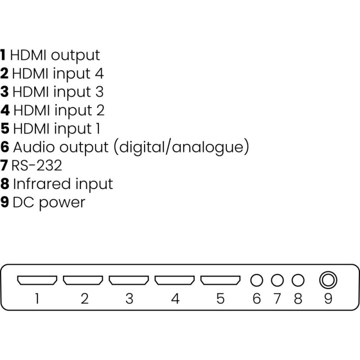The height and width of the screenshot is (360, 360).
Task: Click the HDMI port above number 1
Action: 37,280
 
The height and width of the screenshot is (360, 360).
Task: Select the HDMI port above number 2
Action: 83,280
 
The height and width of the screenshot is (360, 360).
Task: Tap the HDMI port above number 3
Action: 129,280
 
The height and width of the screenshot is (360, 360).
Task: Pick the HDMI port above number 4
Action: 175,280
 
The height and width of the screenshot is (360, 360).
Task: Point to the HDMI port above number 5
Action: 220,280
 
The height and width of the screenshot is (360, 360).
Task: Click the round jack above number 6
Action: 256,280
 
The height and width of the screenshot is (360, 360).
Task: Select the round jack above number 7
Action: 277,280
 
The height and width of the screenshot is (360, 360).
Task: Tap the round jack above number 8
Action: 297,280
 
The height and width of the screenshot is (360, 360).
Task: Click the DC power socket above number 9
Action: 328,280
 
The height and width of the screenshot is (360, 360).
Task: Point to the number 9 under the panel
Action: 328,299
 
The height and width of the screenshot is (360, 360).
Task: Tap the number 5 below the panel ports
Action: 220,299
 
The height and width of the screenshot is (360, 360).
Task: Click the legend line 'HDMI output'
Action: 54,55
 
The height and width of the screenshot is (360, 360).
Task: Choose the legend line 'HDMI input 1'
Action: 57,128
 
